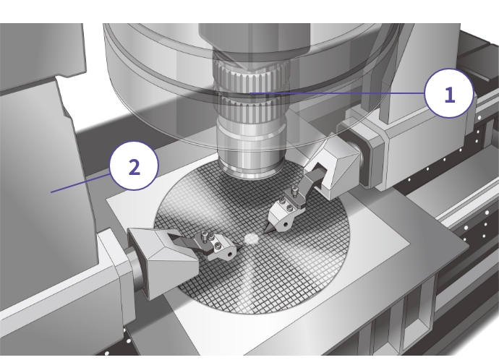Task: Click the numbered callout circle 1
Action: coord(449,94)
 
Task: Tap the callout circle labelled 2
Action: coord(134,166)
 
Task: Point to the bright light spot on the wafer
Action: coord(251,239)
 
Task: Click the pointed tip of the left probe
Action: coord(241,245)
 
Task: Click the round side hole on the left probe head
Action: coord(231,254)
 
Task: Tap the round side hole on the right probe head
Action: coord(286,225)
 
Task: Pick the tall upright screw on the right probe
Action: coord(293,192)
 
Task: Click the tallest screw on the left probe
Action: coord(204,236)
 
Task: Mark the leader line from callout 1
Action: coord(337,93)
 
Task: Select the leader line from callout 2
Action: coord(80,183)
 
